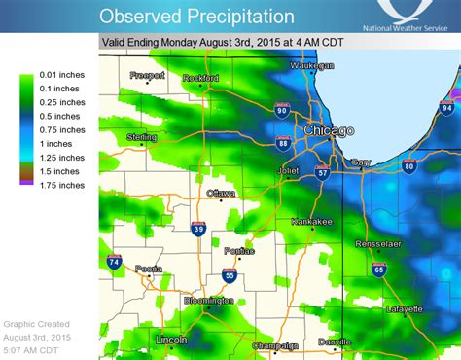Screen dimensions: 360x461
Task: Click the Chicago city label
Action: [x=328, y=130]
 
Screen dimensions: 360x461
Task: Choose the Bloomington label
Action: [x=207, y=301]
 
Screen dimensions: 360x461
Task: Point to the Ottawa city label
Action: [x=221, y=194]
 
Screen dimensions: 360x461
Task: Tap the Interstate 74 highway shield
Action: [x=114, y=263]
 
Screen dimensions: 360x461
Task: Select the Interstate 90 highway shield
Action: [x=282, y=112]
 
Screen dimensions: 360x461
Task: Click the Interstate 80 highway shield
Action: [x=408, y=166]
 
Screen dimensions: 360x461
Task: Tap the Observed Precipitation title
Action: [x=196, y=16]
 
